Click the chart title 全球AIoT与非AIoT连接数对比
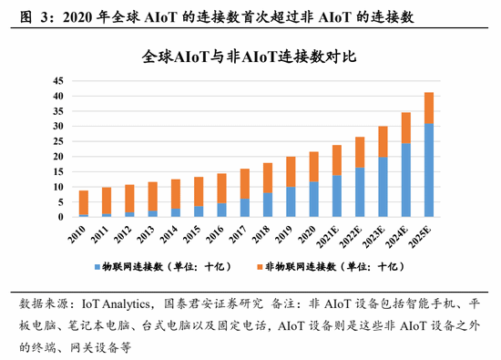[249, 57]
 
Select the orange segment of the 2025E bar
[429, 108]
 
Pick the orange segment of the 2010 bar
[84, 202]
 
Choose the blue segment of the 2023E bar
[383, 187]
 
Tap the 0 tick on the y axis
[59, 217]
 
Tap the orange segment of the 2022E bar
[360, 151]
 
